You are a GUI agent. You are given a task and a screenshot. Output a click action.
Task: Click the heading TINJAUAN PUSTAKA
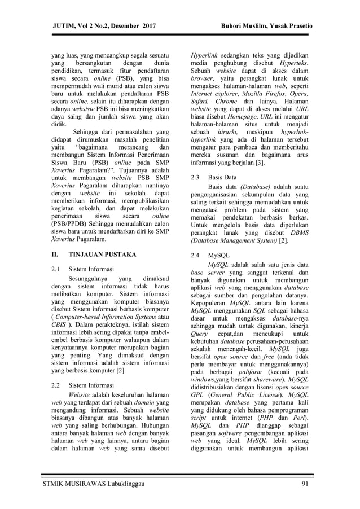tap(102, 254)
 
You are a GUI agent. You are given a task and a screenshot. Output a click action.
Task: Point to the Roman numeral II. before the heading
tap(55, 254)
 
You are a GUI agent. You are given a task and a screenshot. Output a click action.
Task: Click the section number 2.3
tap(197, 177)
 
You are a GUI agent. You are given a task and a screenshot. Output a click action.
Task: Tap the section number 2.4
tap(197, 255)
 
